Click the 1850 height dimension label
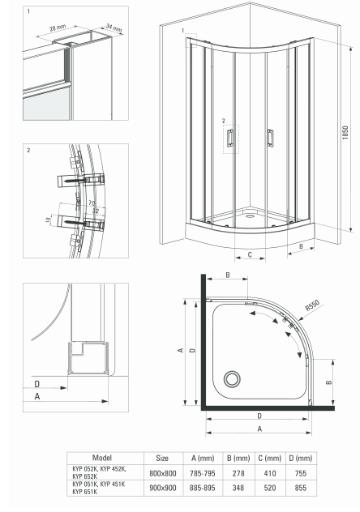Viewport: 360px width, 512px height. [x=345, y=133]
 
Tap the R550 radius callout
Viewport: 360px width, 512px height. [x=312, y=305]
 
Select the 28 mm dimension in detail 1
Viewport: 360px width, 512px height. [x=58, y=28]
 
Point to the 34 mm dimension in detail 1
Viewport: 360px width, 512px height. [x=114, y=28]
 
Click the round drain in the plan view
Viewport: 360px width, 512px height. [x=232, y=379]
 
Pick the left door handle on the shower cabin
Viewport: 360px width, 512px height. [x=230, y=138]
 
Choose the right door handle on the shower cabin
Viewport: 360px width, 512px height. [x=270, y=138]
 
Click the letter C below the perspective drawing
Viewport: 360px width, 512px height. [x=250, y=254]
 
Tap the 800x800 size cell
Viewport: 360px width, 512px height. [x=163, y=473]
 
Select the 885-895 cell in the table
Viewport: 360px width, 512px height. [x=203, y=488]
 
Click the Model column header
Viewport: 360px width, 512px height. [x=102, y=458]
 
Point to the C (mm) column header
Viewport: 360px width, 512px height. [x=269, y=458]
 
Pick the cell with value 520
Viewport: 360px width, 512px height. [x=270, y=488]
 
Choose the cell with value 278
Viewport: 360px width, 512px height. [x=238, y=473]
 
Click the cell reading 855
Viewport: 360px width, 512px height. [x=301, y=488]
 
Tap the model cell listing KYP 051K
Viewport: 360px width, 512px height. [x=98, y=488]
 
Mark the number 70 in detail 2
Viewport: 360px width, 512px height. [x=92, y=203]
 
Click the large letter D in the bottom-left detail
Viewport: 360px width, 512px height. [x=37, y=384]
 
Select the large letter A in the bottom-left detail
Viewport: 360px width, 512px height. [x=37, y=396]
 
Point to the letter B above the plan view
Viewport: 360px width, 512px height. [x=228, y=275]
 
